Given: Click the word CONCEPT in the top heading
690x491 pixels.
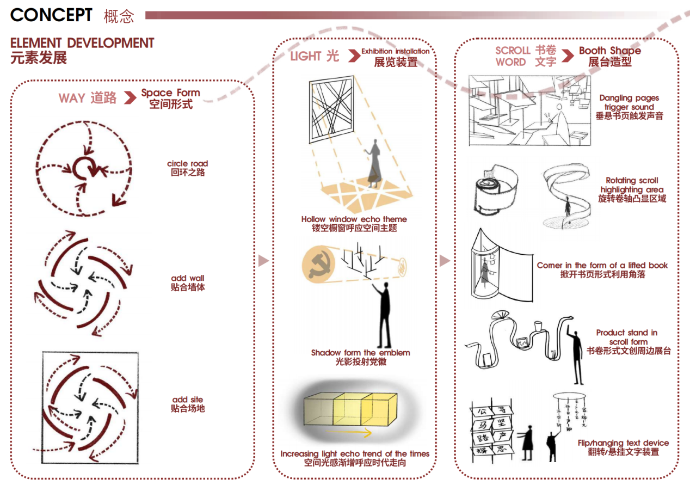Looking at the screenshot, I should pyautogui.click(x=51, y=15).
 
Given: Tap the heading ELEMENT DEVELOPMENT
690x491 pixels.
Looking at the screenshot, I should pyautogui.click(x=82, y=43).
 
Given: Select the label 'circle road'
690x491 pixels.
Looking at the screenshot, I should pyautogui.click(x=188, y=163).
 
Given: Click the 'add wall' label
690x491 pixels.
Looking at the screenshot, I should pyautogui.click(x=188, y=278).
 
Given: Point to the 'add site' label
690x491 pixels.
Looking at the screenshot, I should pyautogui.click(x=188, y=400).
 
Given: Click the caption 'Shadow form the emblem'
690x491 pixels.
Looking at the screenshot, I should pyautogui.click(x=360, y=353).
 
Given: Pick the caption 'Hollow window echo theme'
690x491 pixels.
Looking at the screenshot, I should pyautogui.click(x=354, y=219).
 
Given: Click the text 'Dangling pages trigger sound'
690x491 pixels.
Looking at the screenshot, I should pyautogui.click(x=629, y=102).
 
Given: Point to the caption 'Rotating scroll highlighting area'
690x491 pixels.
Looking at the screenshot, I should pyautogui.click(x=632, y=185).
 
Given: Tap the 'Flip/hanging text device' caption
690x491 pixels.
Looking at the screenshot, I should pyautogui.click(x=624, y=443).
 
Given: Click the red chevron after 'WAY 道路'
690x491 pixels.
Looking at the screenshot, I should pyautogui.click(x=130, y=98).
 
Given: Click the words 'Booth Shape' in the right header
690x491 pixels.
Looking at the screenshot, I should pyautogui.click(x=609, y=51).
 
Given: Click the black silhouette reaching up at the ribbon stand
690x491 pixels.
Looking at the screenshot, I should pyautogui.click(x=575, y=354).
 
